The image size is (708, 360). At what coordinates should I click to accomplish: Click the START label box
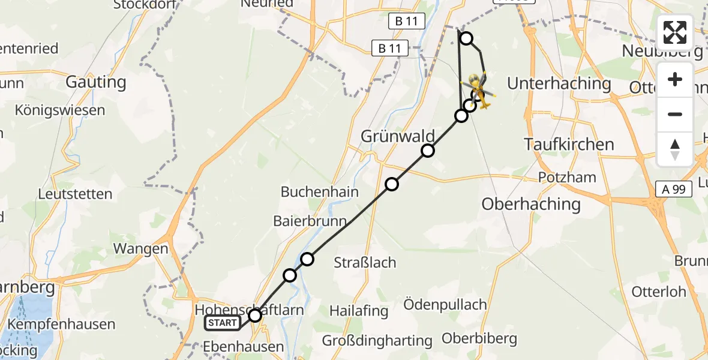click(x=223, y=323)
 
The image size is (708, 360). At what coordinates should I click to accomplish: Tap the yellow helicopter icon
click(x=478, y=90)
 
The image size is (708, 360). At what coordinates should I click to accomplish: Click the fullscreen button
click(x=675, y=32)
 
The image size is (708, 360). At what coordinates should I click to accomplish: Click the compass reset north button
click(x=675, y=149)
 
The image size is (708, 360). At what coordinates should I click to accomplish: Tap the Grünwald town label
click(x=389, y=136)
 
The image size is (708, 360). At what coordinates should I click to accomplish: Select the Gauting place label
click(x=96, y=82)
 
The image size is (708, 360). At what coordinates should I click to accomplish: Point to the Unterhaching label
click(x=559, y=83)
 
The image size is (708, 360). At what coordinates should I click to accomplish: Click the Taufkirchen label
click(x=569, y=144)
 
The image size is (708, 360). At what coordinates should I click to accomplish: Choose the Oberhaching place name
click(x=531, y=204)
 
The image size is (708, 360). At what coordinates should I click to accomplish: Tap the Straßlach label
click(x=365, y=262)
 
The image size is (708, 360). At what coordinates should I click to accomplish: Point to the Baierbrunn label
click(x=310, y=221)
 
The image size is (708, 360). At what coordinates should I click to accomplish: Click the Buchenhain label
click(x=320, y=192)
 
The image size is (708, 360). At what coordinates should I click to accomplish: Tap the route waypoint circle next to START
click(x=255, y=315)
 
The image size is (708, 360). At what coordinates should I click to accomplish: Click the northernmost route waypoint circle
click(x=466, y=38)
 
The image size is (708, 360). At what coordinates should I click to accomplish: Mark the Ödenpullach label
click(x=445, y=304)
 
